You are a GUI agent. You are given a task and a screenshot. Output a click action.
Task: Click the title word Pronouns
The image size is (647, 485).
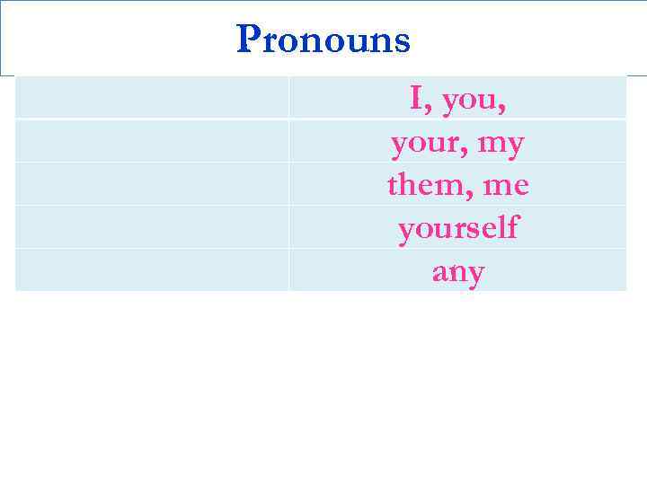pyautogui.click(x=323, y=40)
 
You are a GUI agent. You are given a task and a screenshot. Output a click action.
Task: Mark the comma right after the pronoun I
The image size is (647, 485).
pyautogui.click(x=428, y=109)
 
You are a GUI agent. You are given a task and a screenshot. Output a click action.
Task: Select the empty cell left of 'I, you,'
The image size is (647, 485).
pyautogui.click(x=151, y=97)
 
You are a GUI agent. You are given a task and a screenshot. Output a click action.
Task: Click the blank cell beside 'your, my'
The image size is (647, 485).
pyautogui.click(x=151, y=141)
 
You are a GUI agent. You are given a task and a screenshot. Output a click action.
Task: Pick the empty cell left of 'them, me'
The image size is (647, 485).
pyautogui.click(x=151, y=184)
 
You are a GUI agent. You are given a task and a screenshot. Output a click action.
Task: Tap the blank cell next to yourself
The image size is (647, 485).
pyautogui.click(x=151, y=227)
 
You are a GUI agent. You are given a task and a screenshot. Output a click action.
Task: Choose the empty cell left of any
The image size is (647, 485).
pyautogui.click(x=151, y=270)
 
